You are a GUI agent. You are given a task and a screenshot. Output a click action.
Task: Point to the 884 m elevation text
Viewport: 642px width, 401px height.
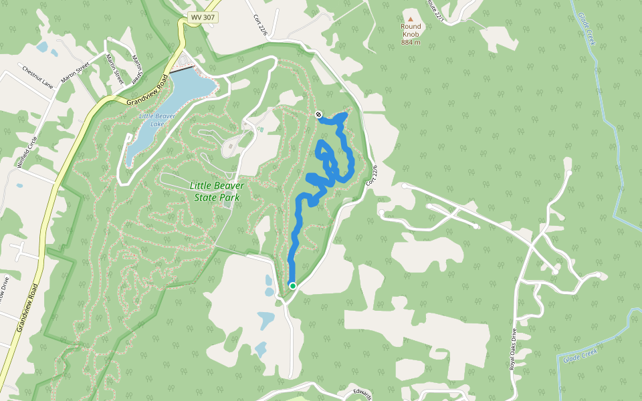point(411,42)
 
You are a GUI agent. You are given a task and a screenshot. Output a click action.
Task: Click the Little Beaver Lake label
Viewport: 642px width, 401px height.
point(156,120)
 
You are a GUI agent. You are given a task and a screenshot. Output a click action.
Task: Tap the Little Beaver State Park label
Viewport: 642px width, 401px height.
point(217,191)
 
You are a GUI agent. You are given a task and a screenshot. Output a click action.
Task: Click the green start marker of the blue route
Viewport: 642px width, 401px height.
point(292,285)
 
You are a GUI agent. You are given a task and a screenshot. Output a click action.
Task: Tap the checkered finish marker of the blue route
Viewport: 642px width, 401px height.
point(318,114)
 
